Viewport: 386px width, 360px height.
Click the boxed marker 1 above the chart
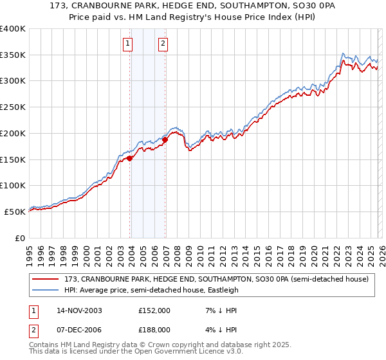point(127,44)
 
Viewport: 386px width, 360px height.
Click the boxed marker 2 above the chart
point(163,44)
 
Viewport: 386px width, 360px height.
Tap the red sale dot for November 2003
point(130,158)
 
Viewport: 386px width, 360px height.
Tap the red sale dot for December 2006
point(165,139)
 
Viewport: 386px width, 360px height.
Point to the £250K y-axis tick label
point(13,107)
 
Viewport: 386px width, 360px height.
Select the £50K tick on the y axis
point(15,211)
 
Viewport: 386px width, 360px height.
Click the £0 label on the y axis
point(21,237)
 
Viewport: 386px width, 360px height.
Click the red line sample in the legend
point(46,279)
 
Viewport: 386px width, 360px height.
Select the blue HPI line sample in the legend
point(46,290)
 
